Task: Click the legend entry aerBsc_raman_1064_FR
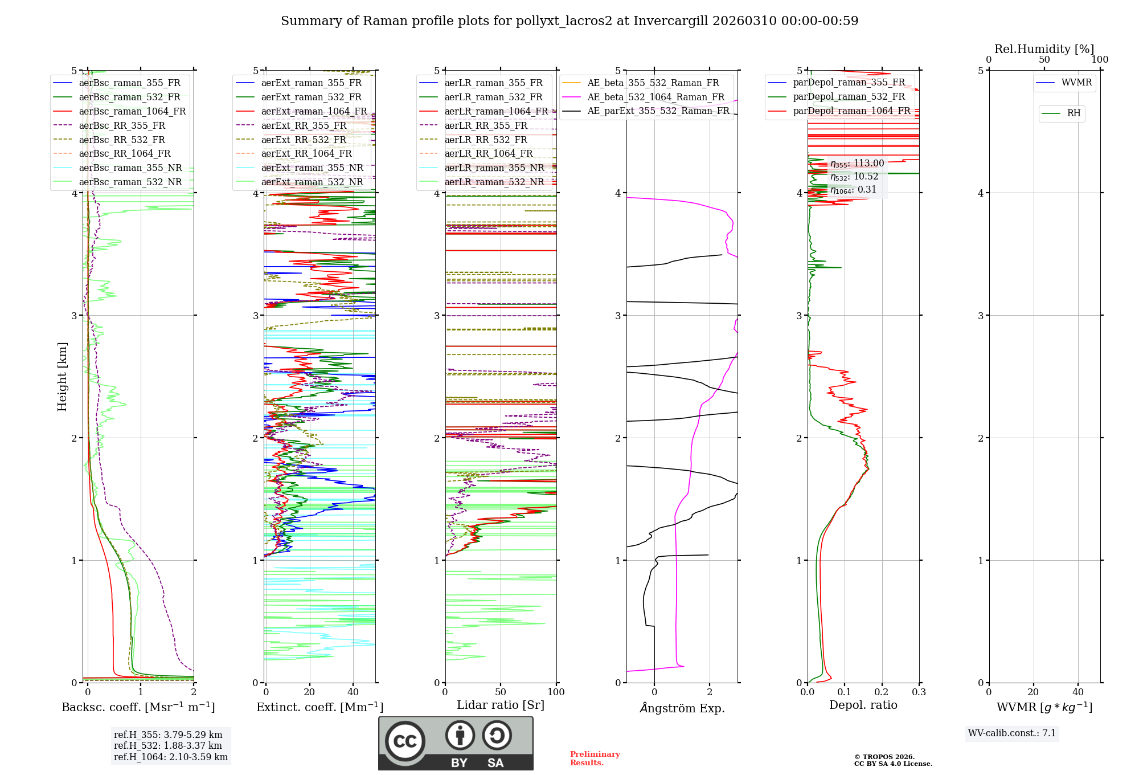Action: [132, 111]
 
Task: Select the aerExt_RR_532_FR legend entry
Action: [304, 140]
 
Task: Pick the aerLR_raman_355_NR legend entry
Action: [494, 168]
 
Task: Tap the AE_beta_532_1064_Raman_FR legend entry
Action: [655, 97]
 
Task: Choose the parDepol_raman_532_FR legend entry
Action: [849, 97]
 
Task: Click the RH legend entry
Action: [1074, 113]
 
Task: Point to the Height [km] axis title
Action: [62, 377]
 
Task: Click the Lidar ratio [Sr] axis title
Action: [501, 705]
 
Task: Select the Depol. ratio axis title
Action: [863, 705]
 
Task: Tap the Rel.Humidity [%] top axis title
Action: [1044, 49]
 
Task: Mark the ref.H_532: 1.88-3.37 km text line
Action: [168, 745]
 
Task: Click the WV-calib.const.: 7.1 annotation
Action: [1012, 733]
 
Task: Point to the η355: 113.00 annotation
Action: [857, 164]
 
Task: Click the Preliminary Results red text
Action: [595, 758]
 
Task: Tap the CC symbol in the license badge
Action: [405, 741]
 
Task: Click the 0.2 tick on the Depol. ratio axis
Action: [882, 692]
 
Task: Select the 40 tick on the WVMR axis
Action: [1078, 692]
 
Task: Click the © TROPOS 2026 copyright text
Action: [884, 757]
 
